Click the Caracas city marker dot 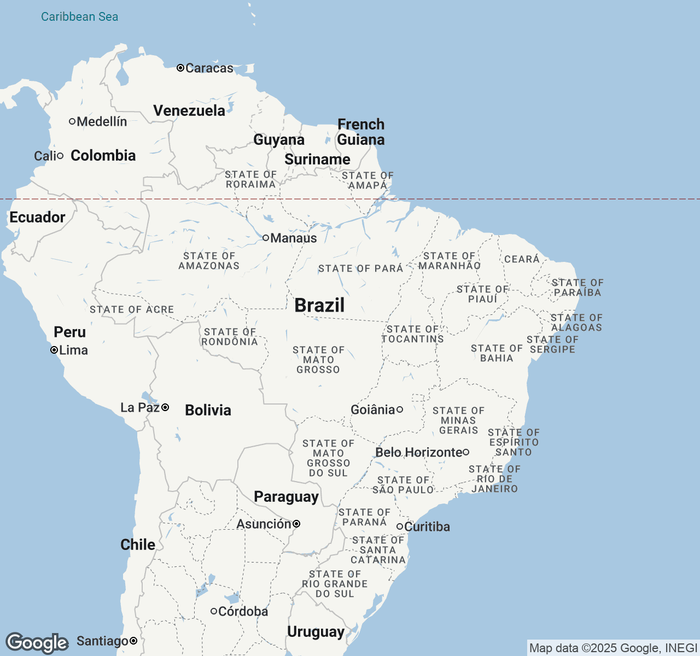point(180,68)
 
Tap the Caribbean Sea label point(79,16)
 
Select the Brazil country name point(319,305)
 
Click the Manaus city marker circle point(266,238)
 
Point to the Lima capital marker point(54,350)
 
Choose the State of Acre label point(132,309)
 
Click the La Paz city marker point(165,407)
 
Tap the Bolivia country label point(208,410)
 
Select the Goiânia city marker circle point(400,409)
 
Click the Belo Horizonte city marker point(466,452)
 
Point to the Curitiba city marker point(400,526)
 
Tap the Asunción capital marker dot point(296,524)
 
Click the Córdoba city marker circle point(214,611)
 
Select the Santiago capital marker point(133,641)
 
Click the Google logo point(37,643)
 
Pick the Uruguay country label point(316,631)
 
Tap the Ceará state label point(522,259)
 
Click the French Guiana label point(361,132)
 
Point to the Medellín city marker point(72,121)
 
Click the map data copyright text point(613,648)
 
